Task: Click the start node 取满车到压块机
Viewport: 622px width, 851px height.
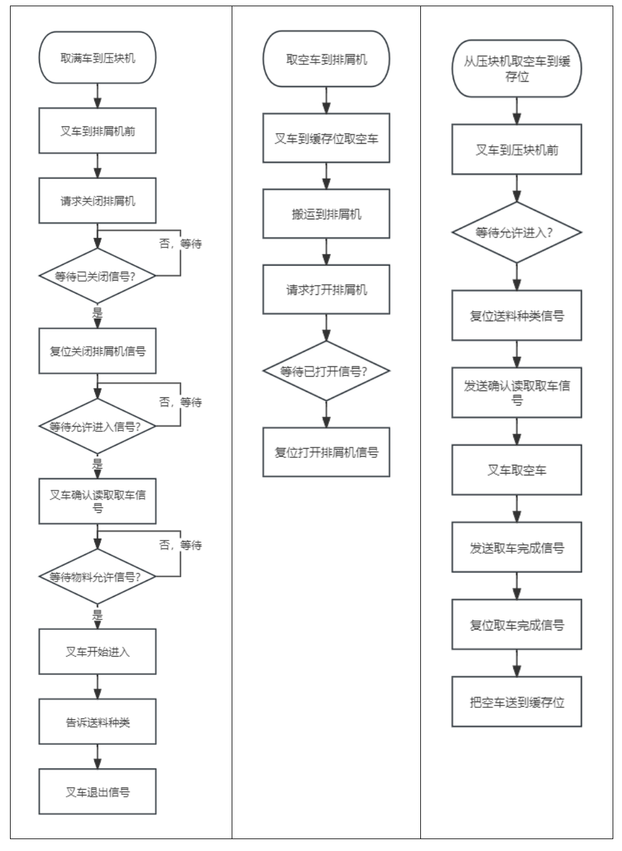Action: click(97, 58)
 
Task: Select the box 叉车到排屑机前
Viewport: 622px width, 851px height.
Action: click(97, 131)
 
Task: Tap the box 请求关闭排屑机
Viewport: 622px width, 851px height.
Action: click(97, 201)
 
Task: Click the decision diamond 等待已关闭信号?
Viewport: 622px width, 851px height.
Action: click(97, 276)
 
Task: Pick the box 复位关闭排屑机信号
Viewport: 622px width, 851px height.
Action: click(97, 351)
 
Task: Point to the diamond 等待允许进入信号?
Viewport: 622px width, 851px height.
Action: click(97, 427)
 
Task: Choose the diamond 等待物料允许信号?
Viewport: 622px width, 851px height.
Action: click(97, 577)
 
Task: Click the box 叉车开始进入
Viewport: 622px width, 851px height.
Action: click(97, 652)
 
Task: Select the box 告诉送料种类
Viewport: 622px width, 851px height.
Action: click(97, 722)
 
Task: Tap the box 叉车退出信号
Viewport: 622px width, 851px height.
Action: click(97, 792)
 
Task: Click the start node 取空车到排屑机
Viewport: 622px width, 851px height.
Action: click(326, 59)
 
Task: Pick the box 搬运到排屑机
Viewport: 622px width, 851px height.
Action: click(326, 214)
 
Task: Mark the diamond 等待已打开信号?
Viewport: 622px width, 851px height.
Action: click(326, 371)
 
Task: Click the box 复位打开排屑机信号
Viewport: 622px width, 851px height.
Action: click(326, 452)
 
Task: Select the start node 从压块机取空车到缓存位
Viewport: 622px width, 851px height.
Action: click(516, 69)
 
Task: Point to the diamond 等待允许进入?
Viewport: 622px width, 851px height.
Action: click(516, 232)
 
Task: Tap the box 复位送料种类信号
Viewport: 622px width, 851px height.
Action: click(516, 316)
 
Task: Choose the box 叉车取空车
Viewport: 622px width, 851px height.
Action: click(516, 470)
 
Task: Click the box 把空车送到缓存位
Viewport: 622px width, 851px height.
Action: click(516, 702)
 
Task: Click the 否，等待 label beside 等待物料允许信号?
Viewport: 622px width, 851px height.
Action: click(180, 545)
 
